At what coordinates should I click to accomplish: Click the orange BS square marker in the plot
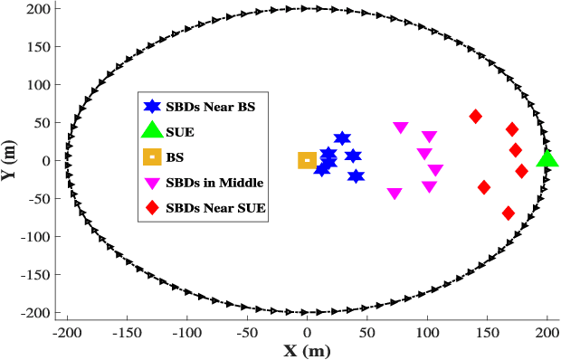click(307, 161)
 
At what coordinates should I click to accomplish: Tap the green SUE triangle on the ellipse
click(547, 160)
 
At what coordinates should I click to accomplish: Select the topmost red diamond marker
click(475, 117)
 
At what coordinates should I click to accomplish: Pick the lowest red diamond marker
click(509, 213)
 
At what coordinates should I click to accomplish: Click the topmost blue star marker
click(342, 138)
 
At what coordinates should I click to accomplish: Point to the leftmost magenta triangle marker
click(395, 194)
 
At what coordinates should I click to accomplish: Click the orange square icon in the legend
click(153, 157)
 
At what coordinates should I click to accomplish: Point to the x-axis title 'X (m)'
click(305, 350)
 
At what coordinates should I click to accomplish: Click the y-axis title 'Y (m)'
click(11, 160)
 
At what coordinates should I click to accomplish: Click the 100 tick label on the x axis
click(427, 334)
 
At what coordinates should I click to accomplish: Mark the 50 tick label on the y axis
click(43, 122)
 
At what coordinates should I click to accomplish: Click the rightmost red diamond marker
click(521, 171)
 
